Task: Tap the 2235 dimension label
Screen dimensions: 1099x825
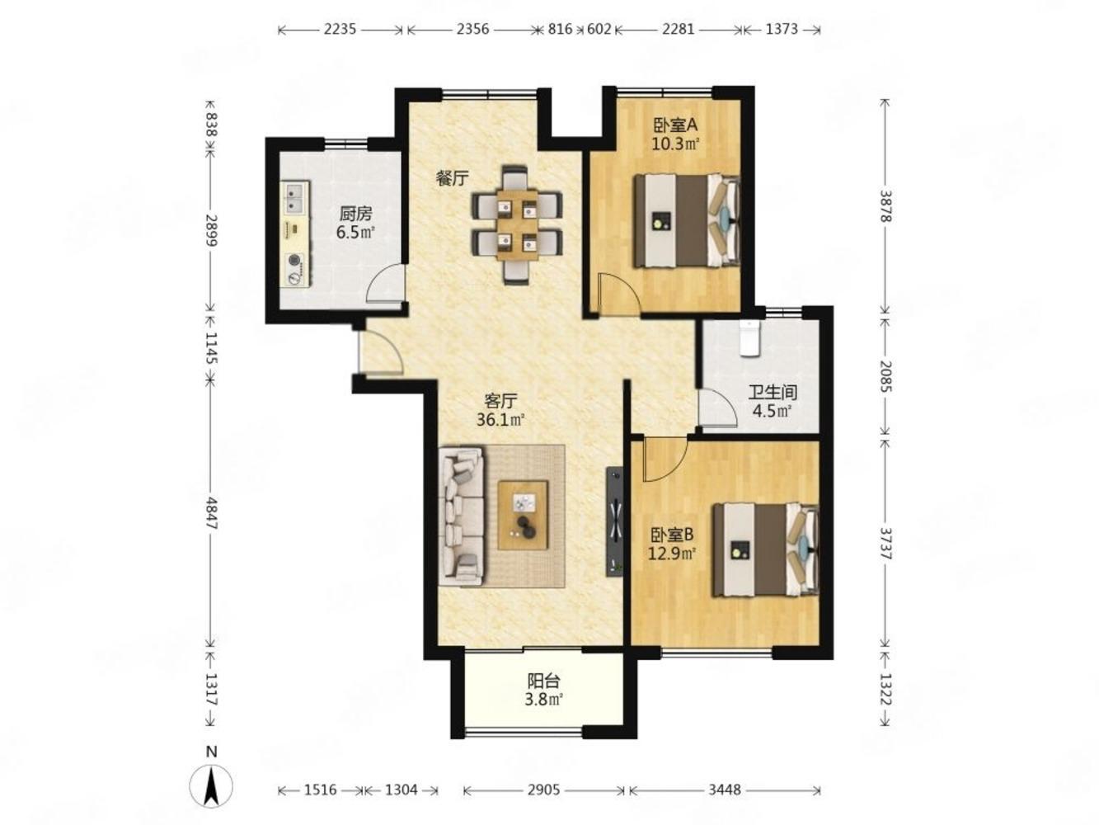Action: pyautogui.click(x=340, y=29)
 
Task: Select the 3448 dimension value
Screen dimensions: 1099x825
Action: pyautogui.click(x=725, y=790)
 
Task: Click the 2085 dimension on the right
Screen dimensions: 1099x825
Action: pyautogui.click(x=885, y=375)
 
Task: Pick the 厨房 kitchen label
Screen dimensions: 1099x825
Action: pyautogui.click(x=355, y=214)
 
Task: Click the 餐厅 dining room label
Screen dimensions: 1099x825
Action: pyautogui.click(x=452, y=178)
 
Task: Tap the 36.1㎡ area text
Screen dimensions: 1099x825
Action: pyautogui.click(x=500, y=419)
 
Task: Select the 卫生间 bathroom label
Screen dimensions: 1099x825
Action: pyautogui.click(x=772, y=392)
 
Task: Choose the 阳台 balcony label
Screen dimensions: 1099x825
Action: pyautogui.click(x=543, y=681)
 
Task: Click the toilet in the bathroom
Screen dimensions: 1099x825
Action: pyautogui.click(x=749, y=338)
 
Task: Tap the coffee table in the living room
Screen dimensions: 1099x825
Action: pyautogui.click(x=522, y=516)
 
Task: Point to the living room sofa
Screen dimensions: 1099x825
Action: pyautogui.click(x=461, y=516)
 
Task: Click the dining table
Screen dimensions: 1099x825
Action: pyautogui.click(x=517, y=225)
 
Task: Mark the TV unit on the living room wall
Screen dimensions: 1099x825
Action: pyautogui.click(x=615, y=521)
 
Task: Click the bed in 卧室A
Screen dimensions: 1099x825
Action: pyautogui.click(x=687, y=221)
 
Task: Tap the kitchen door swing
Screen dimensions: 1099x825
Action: pyautogui.click(x=385, y=284)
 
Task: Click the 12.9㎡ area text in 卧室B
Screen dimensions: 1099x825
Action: pyautogui.click(x=673, y=554)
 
